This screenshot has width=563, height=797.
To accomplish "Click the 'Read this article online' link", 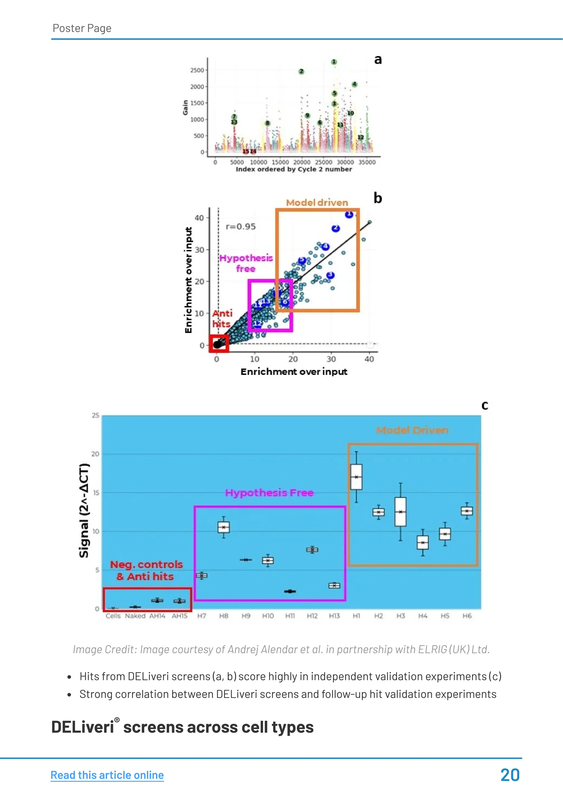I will point(107,775).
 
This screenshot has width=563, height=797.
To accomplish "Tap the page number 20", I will point(510,775).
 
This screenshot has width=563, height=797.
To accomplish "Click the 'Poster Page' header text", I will point(82,28).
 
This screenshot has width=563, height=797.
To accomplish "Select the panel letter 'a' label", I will point(378,60).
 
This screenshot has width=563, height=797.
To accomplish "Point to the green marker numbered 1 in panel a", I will point(334,62).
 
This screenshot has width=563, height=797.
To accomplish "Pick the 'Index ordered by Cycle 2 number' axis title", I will point(294,169).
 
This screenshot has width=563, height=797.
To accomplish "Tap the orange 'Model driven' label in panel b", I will point(317,203).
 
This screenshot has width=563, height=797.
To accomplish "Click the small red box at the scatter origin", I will point(219,344).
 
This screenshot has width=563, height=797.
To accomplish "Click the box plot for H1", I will point(356,477).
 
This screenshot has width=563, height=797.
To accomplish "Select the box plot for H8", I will point(223,527).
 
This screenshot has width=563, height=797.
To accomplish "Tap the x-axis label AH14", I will point(157,616).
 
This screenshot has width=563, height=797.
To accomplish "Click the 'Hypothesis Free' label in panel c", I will point(269,493).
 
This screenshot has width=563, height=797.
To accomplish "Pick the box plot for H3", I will point(400,512).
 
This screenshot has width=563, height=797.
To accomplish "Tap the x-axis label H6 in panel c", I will point(467,616).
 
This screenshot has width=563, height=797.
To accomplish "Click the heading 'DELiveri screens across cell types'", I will point(182,727).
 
